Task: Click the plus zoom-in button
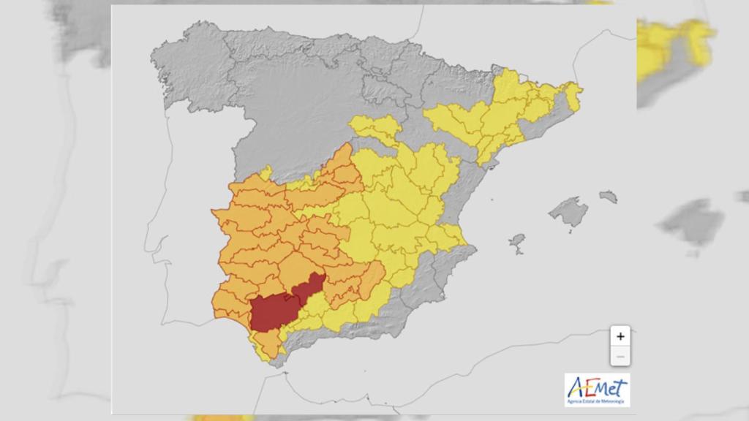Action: (x=620, y=336)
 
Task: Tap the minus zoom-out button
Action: (x=620, y=356)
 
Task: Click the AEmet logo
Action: (x=597, y=389)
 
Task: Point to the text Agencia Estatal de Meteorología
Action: (x=597, y=401)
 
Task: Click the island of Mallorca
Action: (x=569, y=212)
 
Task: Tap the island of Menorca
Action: (x=608, y=196)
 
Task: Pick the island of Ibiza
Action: (x=517, y=241)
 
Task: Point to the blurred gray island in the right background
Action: (x=691, y=223)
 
